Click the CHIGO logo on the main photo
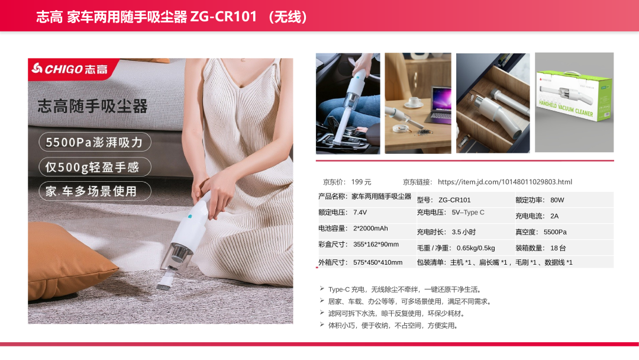coord(70,69)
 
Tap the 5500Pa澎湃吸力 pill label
coord(95,142)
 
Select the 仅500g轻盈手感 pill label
coord(95,167)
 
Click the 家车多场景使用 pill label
coord(95,191)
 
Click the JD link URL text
coord(505,182)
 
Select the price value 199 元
coord(361,182)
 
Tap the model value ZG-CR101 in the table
coord(454,200)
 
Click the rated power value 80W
coord(557,200)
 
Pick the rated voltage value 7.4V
coord(360,213)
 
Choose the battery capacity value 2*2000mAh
coord(370,229)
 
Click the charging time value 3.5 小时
coord(463,232)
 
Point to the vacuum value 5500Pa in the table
coord(555,232)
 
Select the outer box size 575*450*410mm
coord(377,262)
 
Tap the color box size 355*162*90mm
coord(376,244)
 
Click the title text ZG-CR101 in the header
coord(223,17)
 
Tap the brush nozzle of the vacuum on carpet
coord(164,282)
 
